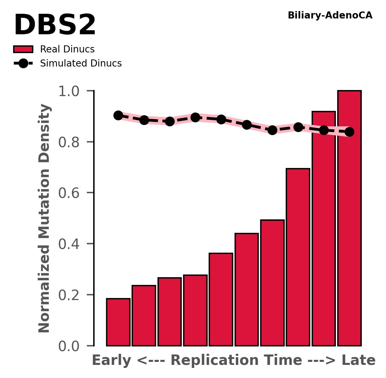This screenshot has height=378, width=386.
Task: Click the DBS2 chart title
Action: (x=55, y=26)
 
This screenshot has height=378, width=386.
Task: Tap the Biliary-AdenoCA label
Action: (x=330, y=15)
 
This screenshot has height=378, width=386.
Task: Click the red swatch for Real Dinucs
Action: (x=23, y=49)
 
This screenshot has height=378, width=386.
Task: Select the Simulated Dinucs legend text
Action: (x=81, y=64)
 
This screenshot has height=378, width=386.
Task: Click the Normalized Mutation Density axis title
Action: (x=44, y=218)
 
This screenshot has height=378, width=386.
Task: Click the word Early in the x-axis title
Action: (x=112, y=361)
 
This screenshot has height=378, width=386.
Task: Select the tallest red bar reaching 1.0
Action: (x=349, y=218)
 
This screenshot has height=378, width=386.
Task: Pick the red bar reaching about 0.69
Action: (x=298, y=257)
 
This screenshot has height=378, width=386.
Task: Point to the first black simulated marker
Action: (x=118, y=115)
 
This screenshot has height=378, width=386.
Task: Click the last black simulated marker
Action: (x=349, y=132)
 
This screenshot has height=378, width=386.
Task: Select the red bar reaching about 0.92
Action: (x=324, y=228)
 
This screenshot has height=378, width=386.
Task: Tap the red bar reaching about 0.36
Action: (x=221, y=299)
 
